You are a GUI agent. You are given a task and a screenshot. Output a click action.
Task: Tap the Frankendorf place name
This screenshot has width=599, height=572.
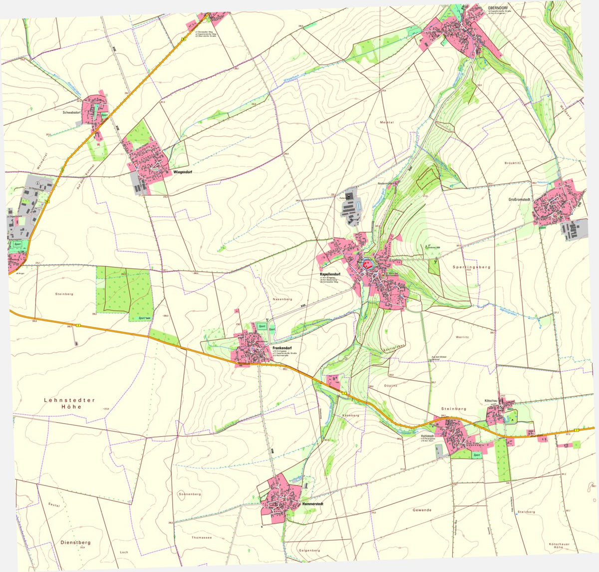(x=282, y=347)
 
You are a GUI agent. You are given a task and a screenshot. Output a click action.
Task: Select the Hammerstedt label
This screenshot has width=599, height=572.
(x=313, y=504)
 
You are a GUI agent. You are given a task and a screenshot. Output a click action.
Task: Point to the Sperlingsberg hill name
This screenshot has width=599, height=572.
(x=471, y=267)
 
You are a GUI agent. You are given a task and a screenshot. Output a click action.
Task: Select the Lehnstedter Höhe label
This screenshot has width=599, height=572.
(x=69, y=404)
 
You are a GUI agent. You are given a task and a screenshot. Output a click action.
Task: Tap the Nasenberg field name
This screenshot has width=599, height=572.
(x=282, y=299)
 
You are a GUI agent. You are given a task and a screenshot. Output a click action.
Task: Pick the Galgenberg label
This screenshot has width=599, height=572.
(x=309, y=551)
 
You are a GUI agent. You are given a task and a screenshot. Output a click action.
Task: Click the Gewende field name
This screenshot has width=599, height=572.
(x=422, y=510)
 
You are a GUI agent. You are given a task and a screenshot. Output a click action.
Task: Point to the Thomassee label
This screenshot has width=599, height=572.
(x=202, y=538)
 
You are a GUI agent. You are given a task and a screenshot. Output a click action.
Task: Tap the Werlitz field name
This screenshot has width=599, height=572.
(x=462, y=337)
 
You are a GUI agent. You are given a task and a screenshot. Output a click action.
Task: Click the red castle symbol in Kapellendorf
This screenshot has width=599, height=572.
(x=367, y=262)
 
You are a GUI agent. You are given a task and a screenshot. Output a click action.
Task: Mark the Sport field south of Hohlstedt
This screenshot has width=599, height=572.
(x=477, y=455)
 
